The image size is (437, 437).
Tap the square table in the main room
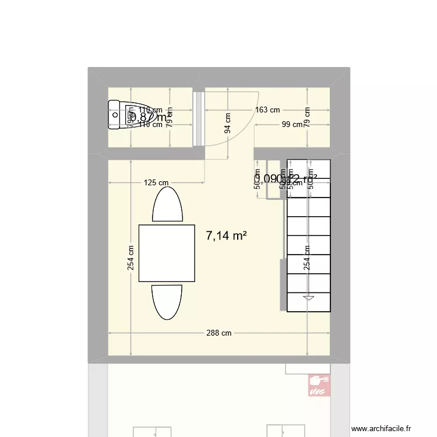(167, 253)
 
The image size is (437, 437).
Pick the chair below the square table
(167, 301)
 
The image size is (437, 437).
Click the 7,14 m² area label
(227, 236)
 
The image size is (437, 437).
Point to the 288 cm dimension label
(219, 333)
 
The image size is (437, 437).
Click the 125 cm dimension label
(156, 183)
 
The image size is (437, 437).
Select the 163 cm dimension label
(267, 110)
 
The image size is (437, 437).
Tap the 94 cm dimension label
(227, 122)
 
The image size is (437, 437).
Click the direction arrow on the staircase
(308, 298)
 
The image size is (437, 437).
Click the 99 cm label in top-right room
(292, 124)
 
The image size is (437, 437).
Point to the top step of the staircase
(308, 168)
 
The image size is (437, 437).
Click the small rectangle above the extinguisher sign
(308, 369)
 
